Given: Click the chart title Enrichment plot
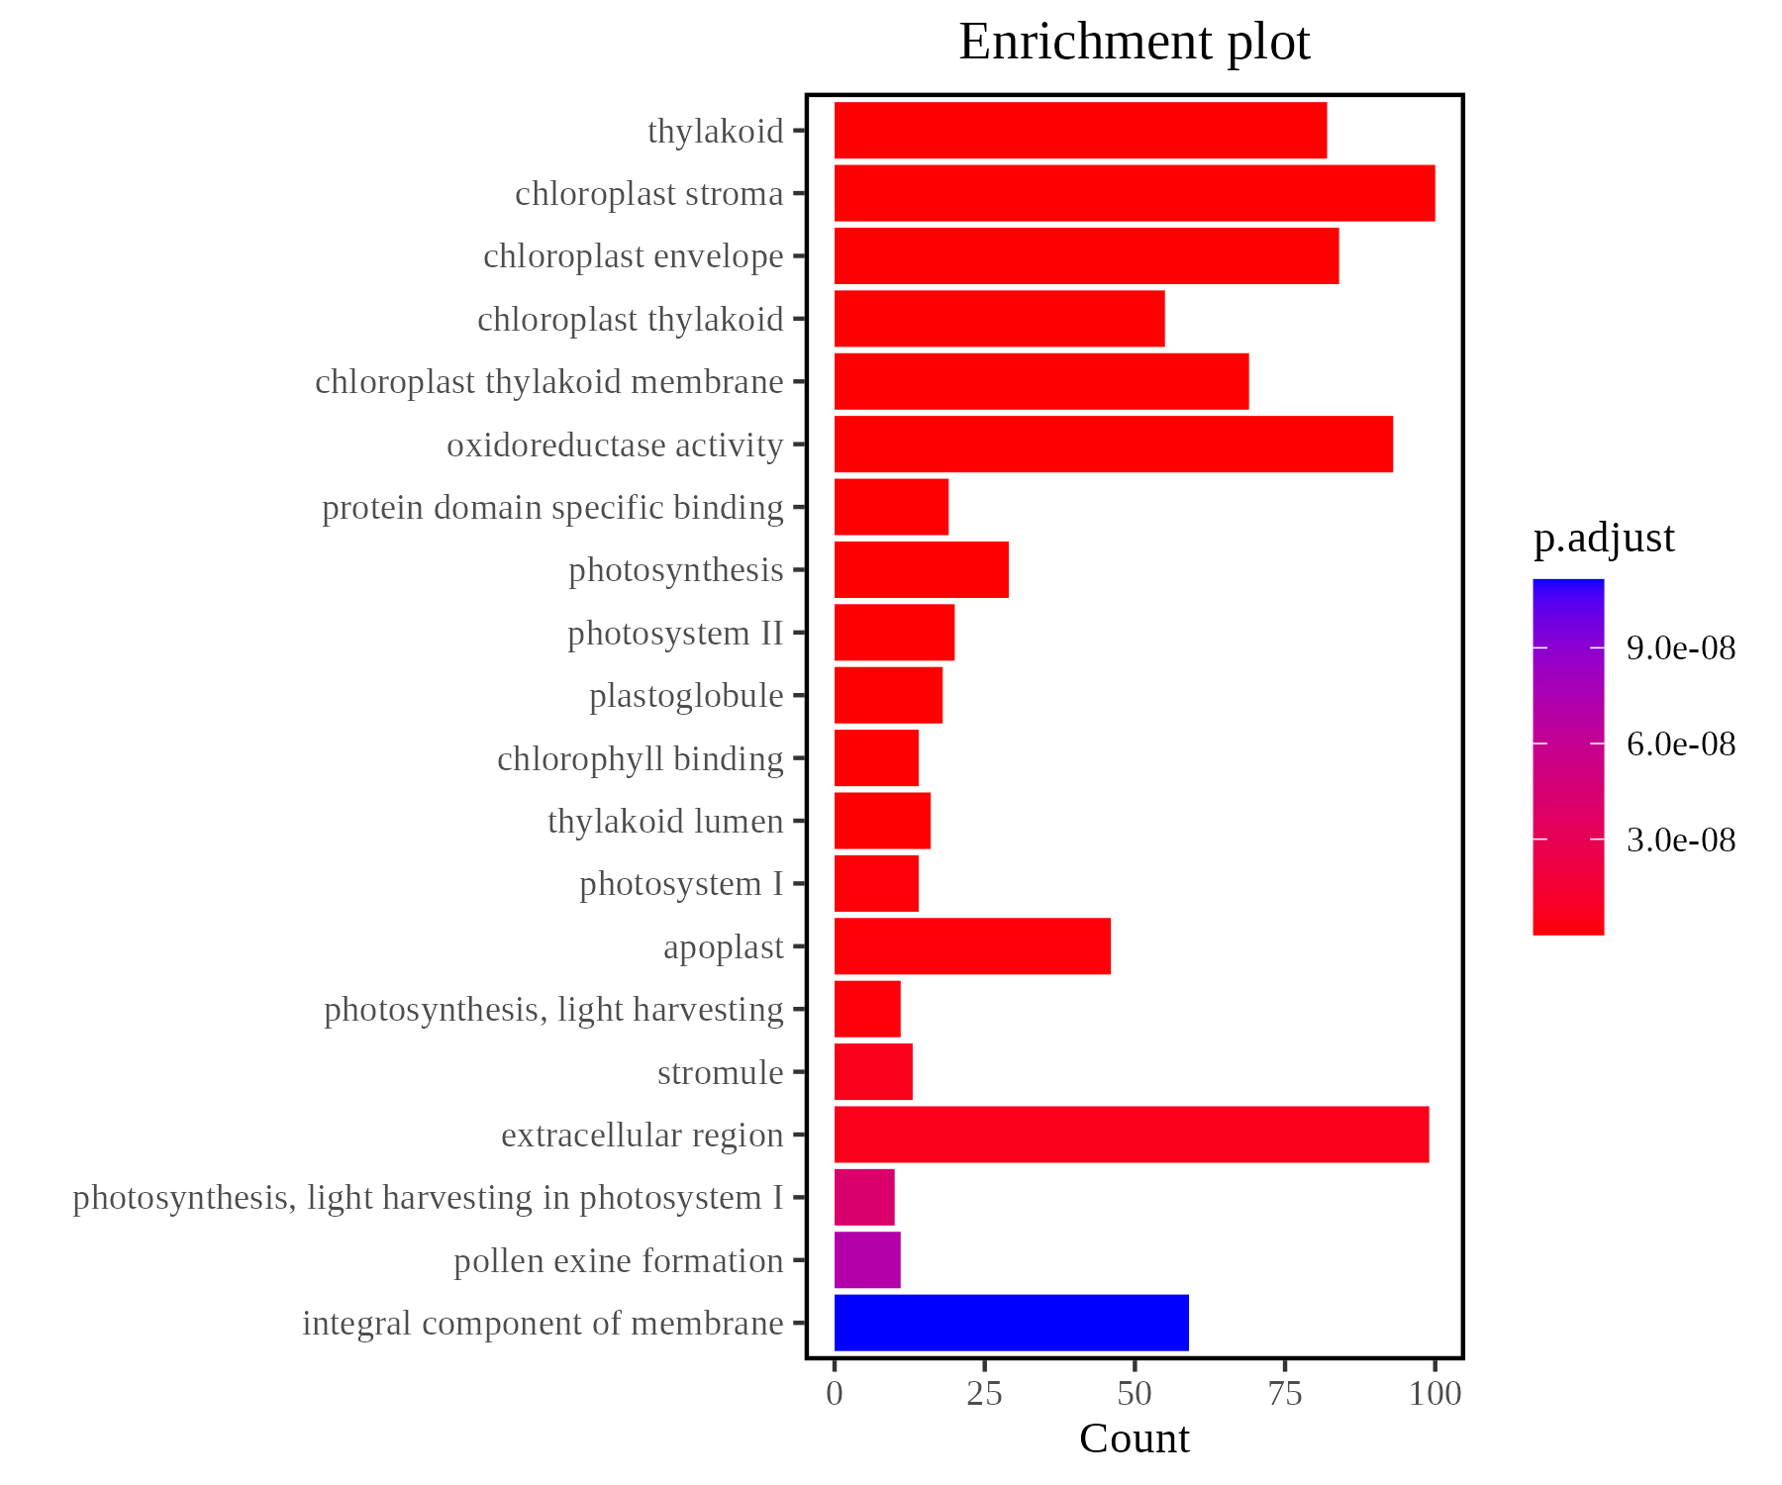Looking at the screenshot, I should (x=1134, y=43).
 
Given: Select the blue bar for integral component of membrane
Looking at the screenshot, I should (x=1011, y=1323).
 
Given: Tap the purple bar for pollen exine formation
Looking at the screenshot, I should (x=867, y=1260).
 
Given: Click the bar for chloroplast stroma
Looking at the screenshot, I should (x=1134, y=193).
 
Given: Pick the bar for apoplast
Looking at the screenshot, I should (x=972, y=946).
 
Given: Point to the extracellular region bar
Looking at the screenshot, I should (x=1131, y=1135).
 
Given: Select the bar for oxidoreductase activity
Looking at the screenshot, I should (x=1113, y=445).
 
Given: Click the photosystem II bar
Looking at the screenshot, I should (x=894, y=633).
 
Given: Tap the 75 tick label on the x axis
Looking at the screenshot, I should (x=1284, y=1394).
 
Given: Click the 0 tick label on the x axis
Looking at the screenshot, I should (x=835, y=1394).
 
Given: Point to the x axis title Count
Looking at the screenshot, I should (x=1134, y=1439).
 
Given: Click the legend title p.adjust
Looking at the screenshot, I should (x=1604, y=539).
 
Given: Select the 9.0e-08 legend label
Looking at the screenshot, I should (x=1680, y=648).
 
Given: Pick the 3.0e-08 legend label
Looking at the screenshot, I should (x=1680, y=841).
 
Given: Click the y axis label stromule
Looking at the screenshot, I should (x=720, y=1072).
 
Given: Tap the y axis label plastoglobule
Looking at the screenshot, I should (x=686, y=696).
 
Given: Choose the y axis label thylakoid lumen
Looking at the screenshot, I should (x=665, y=822).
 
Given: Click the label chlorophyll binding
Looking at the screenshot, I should (x=640, y=758).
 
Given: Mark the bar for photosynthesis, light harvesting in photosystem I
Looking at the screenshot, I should (x=864, y=1197).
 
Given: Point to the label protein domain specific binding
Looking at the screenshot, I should (x=552, y=508).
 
